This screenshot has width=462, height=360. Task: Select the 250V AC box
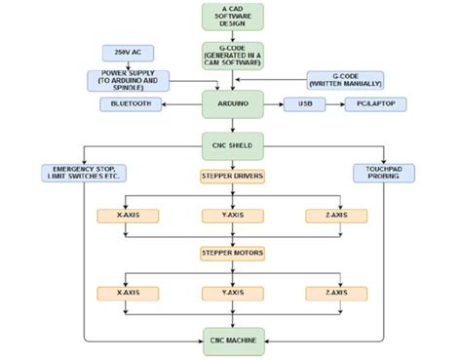click(129, 51)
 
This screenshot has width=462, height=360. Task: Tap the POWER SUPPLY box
click(129, 79)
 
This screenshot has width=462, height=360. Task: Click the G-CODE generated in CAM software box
click(232, 56)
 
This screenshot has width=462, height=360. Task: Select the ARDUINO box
click(232, 103)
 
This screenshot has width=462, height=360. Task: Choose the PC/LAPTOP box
click(374, 103)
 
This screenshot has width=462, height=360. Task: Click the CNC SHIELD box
click(232, 145)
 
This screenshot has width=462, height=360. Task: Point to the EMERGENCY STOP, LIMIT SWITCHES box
click(85, 174)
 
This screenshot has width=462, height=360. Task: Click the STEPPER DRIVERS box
click(232, 177)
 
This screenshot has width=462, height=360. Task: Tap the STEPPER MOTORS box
click(232, 254)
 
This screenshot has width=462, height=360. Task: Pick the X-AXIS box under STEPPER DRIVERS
click(126, 215)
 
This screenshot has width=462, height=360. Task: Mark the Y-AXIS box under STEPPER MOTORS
click(232, 293)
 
